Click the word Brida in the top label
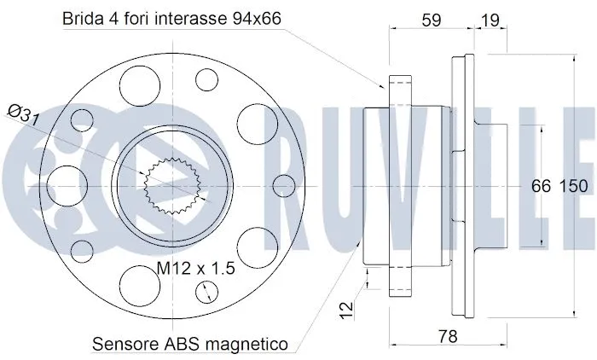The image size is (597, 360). pyautogui.click(x=80, y=19)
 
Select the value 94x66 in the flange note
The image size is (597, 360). pyautogui.click(x=256, y=19)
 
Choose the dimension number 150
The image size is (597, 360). pyautogui.click(x=573, y=186)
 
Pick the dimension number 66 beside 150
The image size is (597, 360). pyautogui.click(x=542, y=186)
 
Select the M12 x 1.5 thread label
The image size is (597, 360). pyautogui.click(x=196, y=268)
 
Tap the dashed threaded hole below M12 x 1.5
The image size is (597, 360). pyautogui.click(x=207, y=292)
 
